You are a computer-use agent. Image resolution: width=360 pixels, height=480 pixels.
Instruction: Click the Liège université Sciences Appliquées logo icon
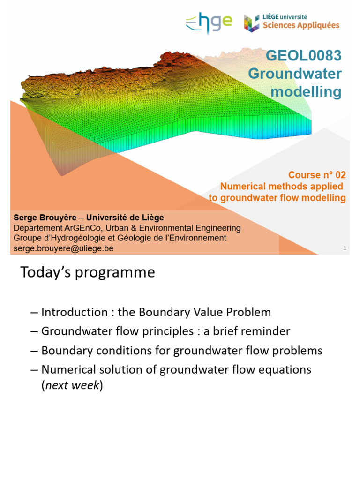[x=251, y=23]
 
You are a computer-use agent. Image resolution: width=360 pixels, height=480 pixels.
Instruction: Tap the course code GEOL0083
[x=303, y=56]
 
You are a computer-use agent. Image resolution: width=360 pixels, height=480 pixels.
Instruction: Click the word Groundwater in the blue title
[x=295, y=74]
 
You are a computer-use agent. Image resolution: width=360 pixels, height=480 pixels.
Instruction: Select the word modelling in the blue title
[x=307, y=92]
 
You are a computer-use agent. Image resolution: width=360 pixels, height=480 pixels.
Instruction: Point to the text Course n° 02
[x=317, y=175]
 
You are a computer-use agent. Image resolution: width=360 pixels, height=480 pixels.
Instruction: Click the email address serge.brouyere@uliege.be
[x=64, y=248]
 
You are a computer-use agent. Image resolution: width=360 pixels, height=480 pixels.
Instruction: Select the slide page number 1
[x=345, y=248]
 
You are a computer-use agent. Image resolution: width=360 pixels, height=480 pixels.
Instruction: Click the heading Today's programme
[x=87, y=272]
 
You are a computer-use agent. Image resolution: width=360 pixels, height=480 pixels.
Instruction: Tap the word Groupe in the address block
[x=28, y=238]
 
